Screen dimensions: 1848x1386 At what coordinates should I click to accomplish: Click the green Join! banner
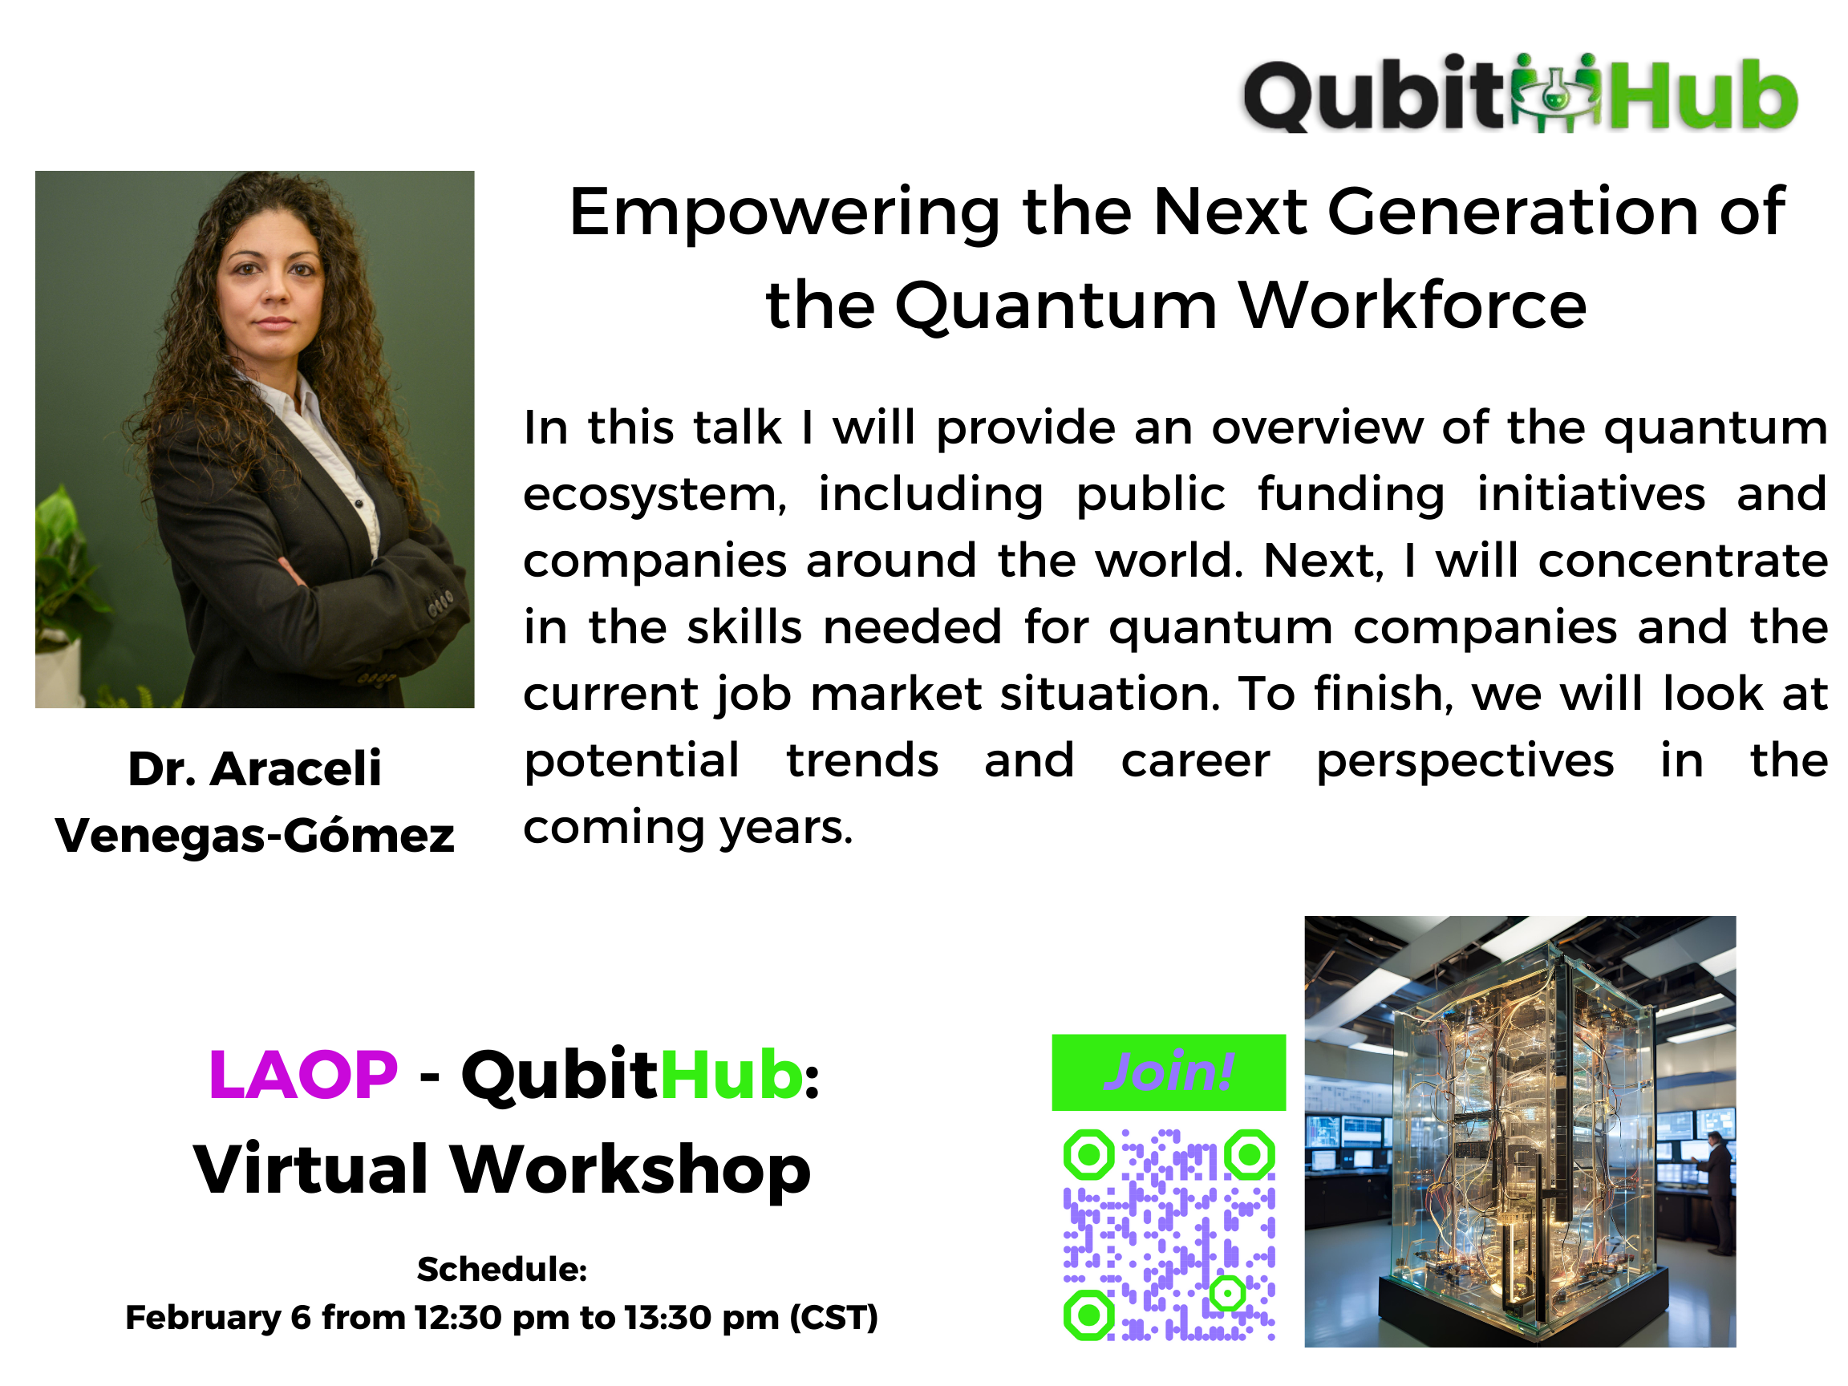coord(1168,1072)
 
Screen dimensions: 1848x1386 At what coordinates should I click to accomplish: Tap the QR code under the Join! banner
coord(1169,1234)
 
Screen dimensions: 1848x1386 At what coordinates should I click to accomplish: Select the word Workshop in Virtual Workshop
coord(630,1169)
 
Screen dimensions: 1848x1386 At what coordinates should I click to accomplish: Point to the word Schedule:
coord(502,1269)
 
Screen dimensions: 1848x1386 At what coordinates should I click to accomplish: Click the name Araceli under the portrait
coord(296,768)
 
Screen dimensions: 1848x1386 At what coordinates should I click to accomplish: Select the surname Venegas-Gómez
coord(255,836)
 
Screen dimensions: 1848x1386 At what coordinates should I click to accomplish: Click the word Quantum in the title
coord(1056,306)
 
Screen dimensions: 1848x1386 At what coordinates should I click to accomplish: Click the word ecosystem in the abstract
coord(655,496)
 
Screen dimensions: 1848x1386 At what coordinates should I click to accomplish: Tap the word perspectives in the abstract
coord(1465,762)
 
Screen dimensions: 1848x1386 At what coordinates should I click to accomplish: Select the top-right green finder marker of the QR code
coord(1250,1154)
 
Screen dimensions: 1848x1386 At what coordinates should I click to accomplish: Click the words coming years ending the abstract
coord(688,828)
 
